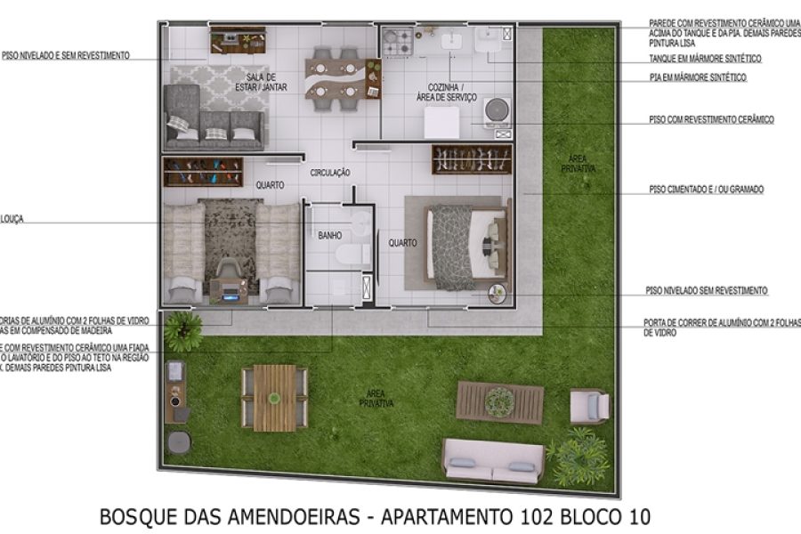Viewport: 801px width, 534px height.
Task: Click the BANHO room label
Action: (330, 236)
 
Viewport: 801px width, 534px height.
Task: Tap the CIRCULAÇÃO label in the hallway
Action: (330, 172)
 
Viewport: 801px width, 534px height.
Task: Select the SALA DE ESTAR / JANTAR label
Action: (255, 82)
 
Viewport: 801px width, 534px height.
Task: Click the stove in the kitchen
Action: (398, 41)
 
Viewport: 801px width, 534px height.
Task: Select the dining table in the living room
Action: (333, 78)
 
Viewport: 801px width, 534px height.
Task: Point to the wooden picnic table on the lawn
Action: (274, 397)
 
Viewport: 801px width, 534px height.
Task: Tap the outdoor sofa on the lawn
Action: (494, 459)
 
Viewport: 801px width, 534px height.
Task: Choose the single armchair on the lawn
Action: (589, 406)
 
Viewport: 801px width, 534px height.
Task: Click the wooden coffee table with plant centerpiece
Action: (499, 402)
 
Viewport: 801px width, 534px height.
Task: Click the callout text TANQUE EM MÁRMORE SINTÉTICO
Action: (705, 59)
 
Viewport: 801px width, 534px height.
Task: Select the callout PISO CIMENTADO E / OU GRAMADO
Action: (707, 190)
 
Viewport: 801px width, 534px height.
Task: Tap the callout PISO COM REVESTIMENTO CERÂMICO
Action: (711, 119)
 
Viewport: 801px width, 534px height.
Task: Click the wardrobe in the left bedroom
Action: (203, 171)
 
